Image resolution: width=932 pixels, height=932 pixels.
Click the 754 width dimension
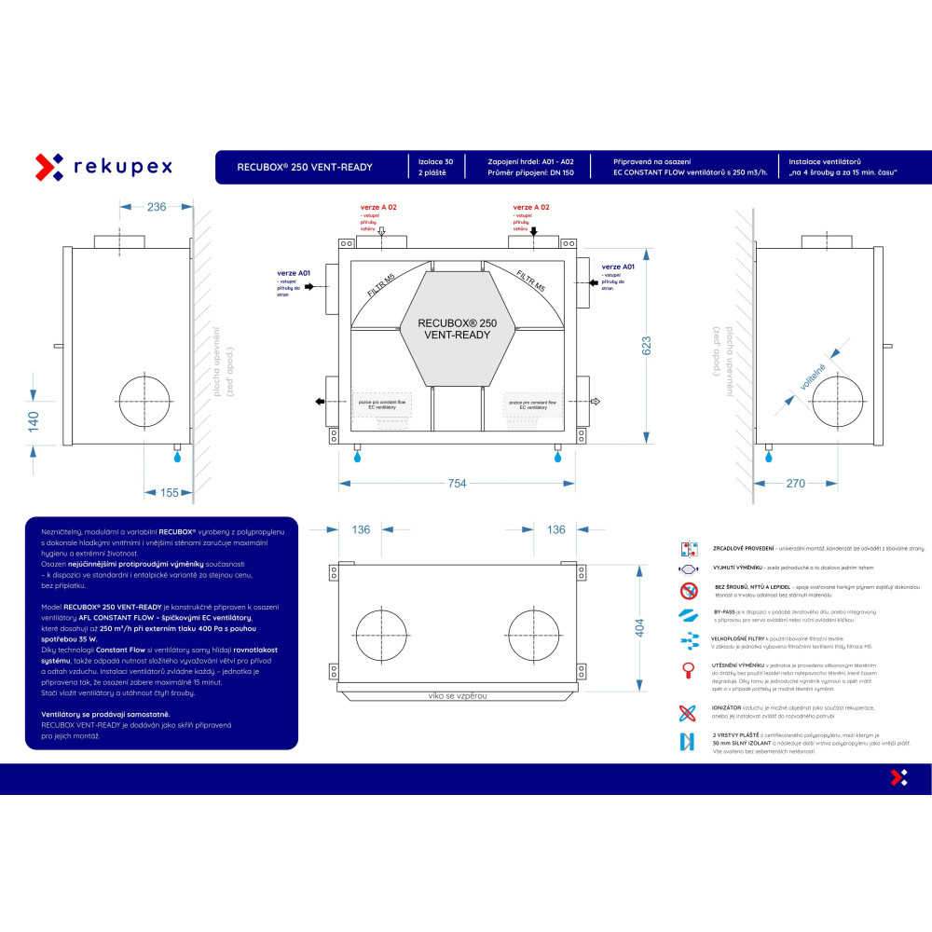pos(456,483)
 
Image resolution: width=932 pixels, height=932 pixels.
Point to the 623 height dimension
pos(647,345)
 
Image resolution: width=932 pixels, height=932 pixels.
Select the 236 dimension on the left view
pos(156,206)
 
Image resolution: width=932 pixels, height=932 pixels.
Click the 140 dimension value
pos(33,421)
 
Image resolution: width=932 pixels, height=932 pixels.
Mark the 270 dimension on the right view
pos(794,483)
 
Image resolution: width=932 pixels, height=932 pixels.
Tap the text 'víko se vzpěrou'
pos(457,695)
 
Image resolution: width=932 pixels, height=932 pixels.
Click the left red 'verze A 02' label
pos(378,207)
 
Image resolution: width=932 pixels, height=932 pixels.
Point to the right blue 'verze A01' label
pos(618,266)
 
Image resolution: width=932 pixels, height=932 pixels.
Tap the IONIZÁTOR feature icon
pos(689,713)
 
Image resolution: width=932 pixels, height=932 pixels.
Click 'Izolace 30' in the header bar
pos(435,161)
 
